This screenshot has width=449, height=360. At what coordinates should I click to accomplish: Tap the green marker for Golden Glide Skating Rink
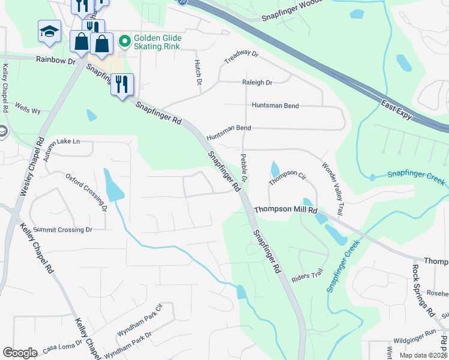[x=125, y=41]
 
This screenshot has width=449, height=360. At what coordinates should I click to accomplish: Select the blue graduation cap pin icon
[x=49, y=32]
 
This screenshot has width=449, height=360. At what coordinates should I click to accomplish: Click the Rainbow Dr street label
[x=56, y=60]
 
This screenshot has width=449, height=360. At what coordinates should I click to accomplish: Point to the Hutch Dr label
[x=197, y=71]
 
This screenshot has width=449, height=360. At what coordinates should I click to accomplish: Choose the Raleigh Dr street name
[x=257, y=82]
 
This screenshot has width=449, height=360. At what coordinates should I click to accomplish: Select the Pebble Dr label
[x=244, y=167]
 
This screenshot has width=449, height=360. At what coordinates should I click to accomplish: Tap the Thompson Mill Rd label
[x=285, y=210]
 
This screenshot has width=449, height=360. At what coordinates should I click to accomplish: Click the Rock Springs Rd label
[x=422, y=290]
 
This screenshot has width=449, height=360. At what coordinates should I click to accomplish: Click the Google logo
[x=20, y=352]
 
